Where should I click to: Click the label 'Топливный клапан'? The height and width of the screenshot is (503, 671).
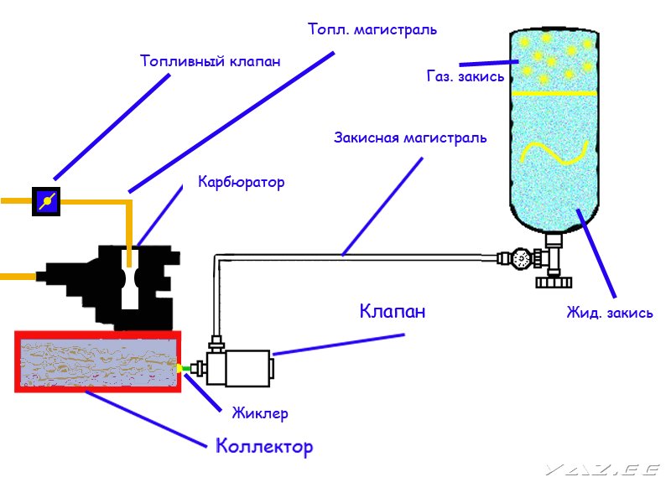211,61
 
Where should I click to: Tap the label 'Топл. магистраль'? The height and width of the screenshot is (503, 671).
372,29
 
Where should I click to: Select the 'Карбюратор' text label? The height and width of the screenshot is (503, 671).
242,182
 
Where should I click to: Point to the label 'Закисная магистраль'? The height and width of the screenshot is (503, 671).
410,137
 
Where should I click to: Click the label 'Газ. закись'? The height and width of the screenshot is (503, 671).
466,76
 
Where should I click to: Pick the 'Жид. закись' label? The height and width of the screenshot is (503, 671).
610,313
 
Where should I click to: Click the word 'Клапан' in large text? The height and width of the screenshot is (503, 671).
393,311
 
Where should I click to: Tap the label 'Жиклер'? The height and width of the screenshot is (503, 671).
260,413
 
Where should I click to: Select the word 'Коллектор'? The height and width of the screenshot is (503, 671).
264,446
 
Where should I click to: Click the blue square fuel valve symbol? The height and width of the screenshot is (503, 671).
46,201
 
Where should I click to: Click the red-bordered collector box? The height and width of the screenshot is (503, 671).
98,361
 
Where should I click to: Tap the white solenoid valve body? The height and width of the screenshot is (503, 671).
247,368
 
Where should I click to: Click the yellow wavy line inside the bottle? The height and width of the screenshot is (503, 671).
554,153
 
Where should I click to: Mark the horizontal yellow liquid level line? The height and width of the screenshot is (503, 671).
554,93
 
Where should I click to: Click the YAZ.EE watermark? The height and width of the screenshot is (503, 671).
603,470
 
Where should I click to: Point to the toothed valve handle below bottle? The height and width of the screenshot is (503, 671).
554,283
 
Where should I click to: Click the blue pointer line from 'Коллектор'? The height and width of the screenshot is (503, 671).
146,419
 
